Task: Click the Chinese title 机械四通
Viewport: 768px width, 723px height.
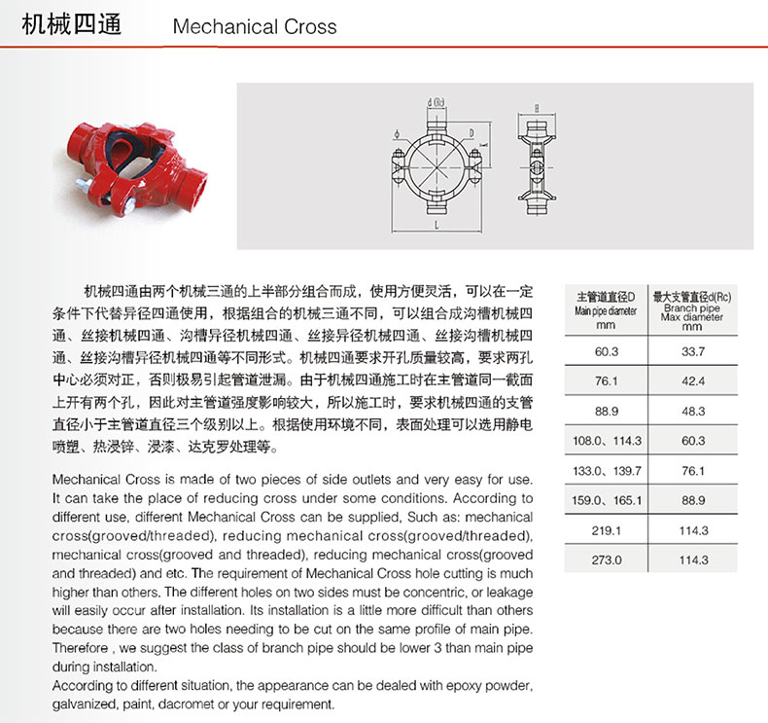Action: click(72, 25)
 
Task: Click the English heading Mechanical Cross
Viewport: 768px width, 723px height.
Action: click(255, 26)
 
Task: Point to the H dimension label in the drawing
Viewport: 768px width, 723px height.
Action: click(536, 107)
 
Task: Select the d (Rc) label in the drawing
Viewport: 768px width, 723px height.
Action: click(436, 102)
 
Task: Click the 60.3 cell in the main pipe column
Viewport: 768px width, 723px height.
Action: click(606, 350)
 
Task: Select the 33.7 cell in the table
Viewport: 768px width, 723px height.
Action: click(693, 350)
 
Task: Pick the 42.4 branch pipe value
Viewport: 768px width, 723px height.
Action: click(693, 380)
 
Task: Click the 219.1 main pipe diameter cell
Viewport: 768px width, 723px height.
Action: click(606, 530)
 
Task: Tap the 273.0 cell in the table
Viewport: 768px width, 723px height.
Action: click(606, 560)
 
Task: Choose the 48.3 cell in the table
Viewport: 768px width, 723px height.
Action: click(693, 411)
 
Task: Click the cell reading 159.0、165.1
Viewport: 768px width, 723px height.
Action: click(606, 500)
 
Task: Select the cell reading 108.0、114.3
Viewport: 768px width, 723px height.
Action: click(606, 441)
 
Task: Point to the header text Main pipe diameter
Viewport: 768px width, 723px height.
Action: click(606, 311)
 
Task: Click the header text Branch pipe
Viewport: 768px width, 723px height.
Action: click(692, 307)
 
